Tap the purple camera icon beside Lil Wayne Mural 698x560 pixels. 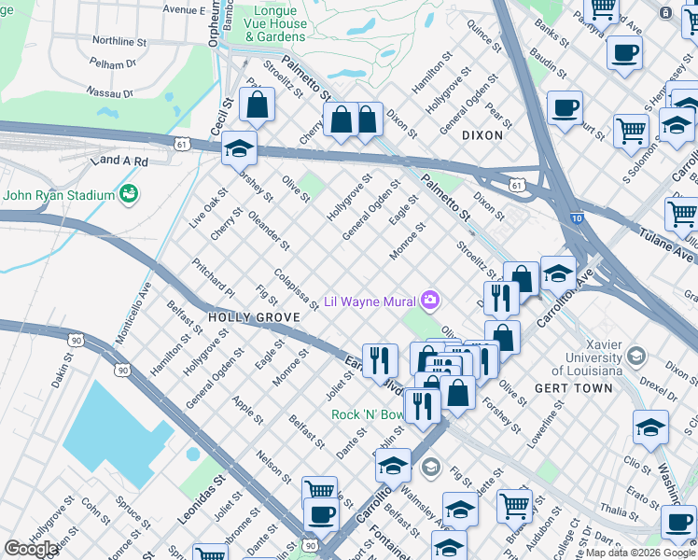pyautogui.click(x=430, y=301)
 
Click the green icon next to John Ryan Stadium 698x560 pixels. pyautogui.click(x=129, y=194)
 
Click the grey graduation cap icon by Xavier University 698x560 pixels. pyautogui.click(x=635, y=356)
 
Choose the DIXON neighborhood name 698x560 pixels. pyautogui.click(x=482, y=135)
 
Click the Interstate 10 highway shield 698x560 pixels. pyautogui.click(x=576, y=218)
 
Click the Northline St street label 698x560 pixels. pyautogui.click(x=119, y=41)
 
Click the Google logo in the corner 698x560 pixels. pyautogui.click(x=32, y=549)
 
